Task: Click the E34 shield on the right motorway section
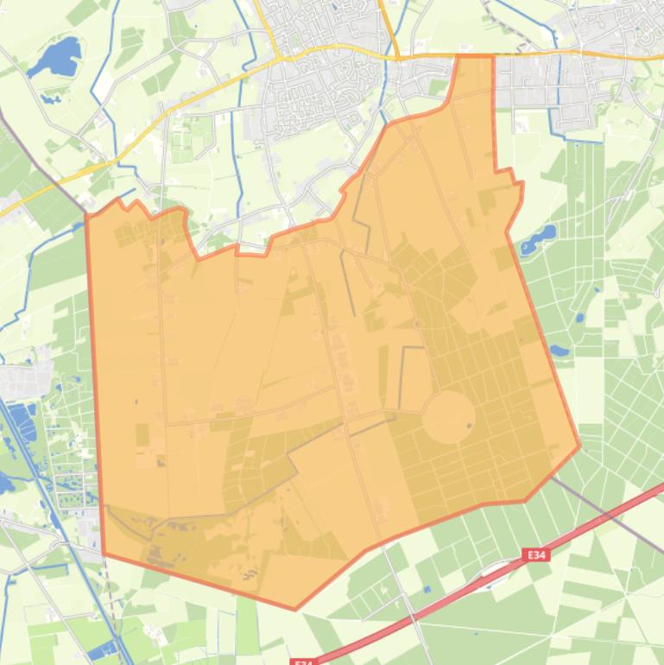point(537,556)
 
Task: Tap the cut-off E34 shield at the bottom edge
point(302,661)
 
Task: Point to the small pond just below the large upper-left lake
point(50,96)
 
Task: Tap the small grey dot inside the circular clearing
point(469,424)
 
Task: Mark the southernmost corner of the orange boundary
point(294,609)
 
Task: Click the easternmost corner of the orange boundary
point(579,446)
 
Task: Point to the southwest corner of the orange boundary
point(104,554)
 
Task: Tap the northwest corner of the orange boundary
point(86,216)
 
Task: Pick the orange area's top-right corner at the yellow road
point(493,56)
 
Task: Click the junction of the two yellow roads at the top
point(395,57)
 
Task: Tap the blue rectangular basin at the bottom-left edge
point(102,649)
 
